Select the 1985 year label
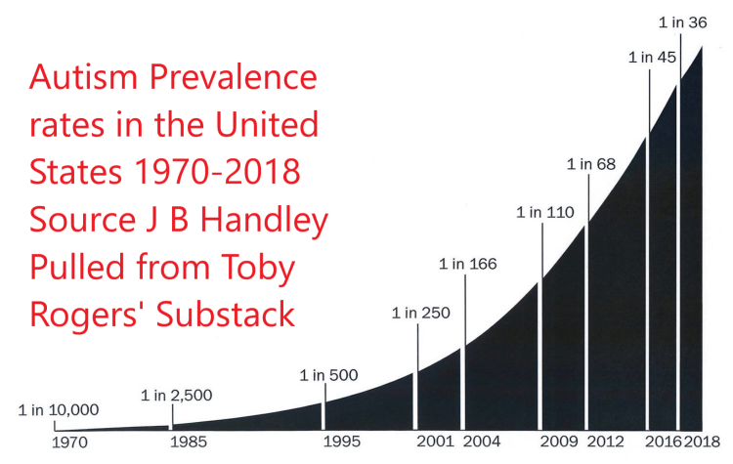(x=187, y=442)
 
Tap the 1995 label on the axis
(x=342, y=442)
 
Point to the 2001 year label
(x=435, y=442)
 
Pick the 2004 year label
(x=483, y=442)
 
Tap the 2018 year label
(x=703, y=442)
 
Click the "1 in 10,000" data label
(x=59, y=410)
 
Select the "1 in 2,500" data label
(x=176, y=396)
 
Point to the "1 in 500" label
(x=329, y=375)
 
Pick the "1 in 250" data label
(x=420, y=314)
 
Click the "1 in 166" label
(x=468, y=264)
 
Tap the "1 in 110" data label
(x=544, y=212)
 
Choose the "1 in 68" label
(x=590, y=163)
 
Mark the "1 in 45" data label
(x=652, y=57)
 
